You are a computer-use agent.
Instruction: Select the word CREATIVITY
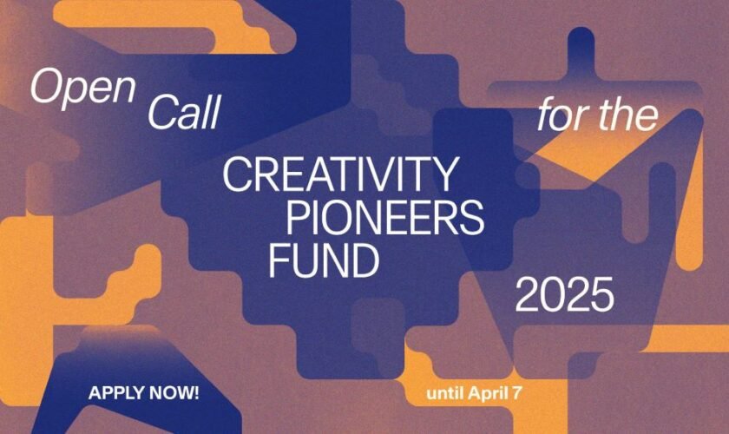click(338, 176)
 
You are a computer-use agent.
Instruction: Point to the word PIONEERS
click(384, 219)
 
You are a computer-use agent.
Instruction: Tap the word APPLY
click(115, 393)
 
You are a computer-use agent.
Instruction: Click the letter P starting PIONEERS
click(298, 219)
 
